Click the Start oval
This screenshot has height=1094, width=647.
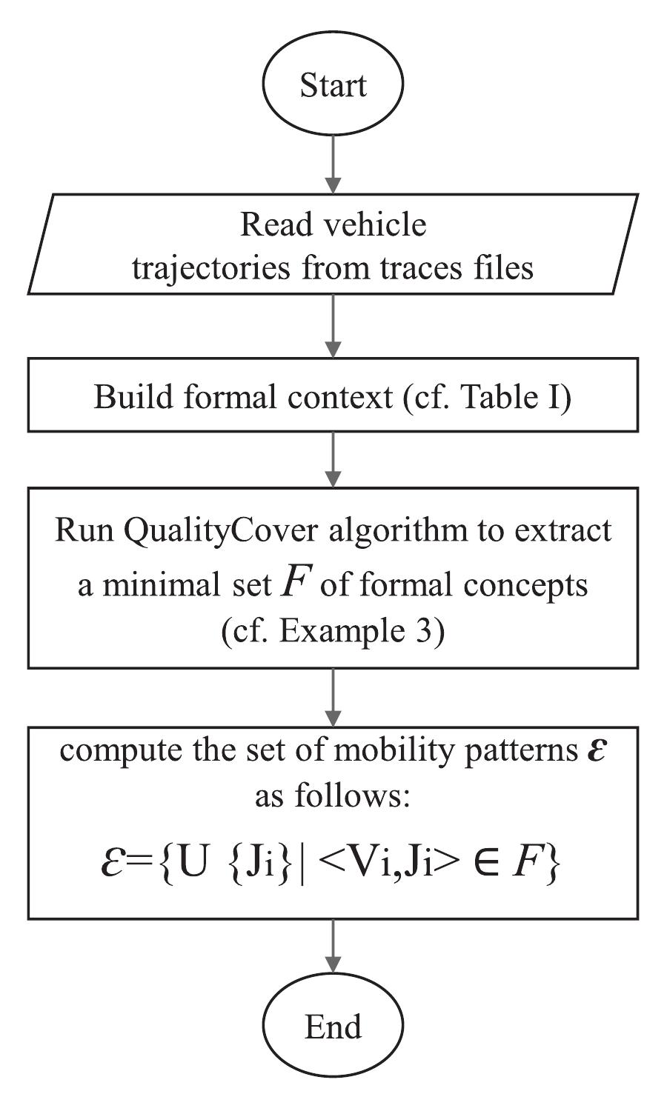coord(333,86)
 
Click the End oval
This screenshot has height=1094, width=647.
coord(333,1027)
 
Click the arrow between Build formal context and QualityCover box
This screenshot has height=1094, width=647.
coord(333,459)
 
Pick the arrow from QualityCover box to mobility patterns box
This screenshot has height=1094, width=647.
coord(333,697)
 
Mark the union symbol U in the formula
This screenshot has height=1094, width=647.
coord(193,864)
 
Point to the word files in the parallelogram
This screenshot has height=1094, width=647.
coord(505,267)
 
